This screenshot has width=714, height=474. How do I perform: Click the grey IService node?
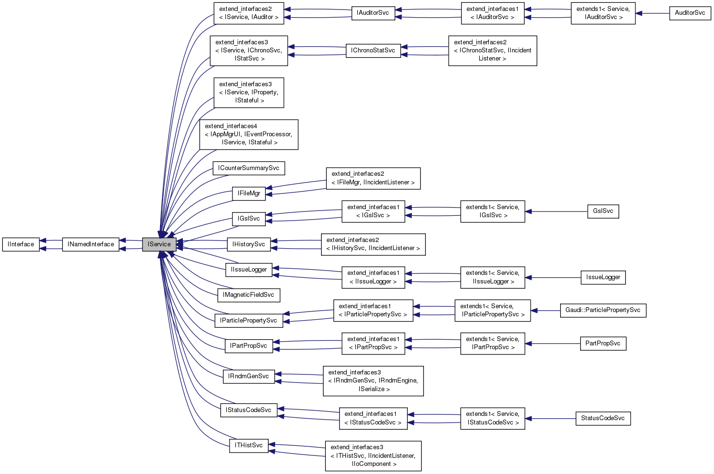tap(159, 244)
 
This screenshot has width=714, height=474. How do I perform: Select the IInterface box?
tap(21, 244)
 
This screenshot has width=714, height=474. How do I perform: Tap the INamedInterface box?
tap(91, 244)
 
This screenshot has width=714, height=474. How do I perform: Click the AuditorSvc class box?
tap(690, 13)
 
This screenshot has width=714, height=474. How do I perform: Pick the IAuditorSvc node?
tap(372, 13)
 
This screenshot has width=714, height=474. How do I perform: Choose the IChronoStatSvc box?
tap(373, 50)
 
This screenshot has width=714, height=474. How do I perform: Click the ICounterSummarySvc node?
tap(249, 168)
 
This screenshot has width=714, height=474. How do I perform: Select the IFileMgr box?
tap(249, 193)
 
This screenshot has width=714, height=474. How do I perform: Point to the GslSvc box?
tap(603, 211)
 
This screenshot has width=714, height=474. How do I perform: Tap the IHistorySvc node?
tap(249, 244)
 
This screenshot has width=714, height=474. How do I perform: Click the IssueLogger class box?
tap(603, 277)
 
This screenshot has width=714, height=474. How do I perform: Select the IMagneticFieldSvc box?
tap(248, 295)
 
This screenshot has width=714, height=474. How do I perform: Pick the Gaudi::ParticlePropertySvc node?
tap(603, 310)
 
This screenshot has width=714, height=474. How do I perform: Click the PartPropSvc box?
tap(603, 343)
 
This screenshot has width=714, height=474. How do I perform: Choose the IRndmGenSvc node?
tap(249, 376)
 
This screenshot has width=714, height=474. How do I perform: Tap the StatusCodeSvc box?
tap(603, 418)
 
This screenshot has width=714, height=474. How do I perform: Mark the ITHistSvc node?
tap(249, 445)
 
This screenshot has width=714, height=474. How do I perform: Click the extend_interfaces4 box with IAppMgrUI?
tap(249, 134)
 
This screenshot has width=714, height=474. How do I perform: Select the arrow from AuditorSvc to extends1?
tap(653, 13)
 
